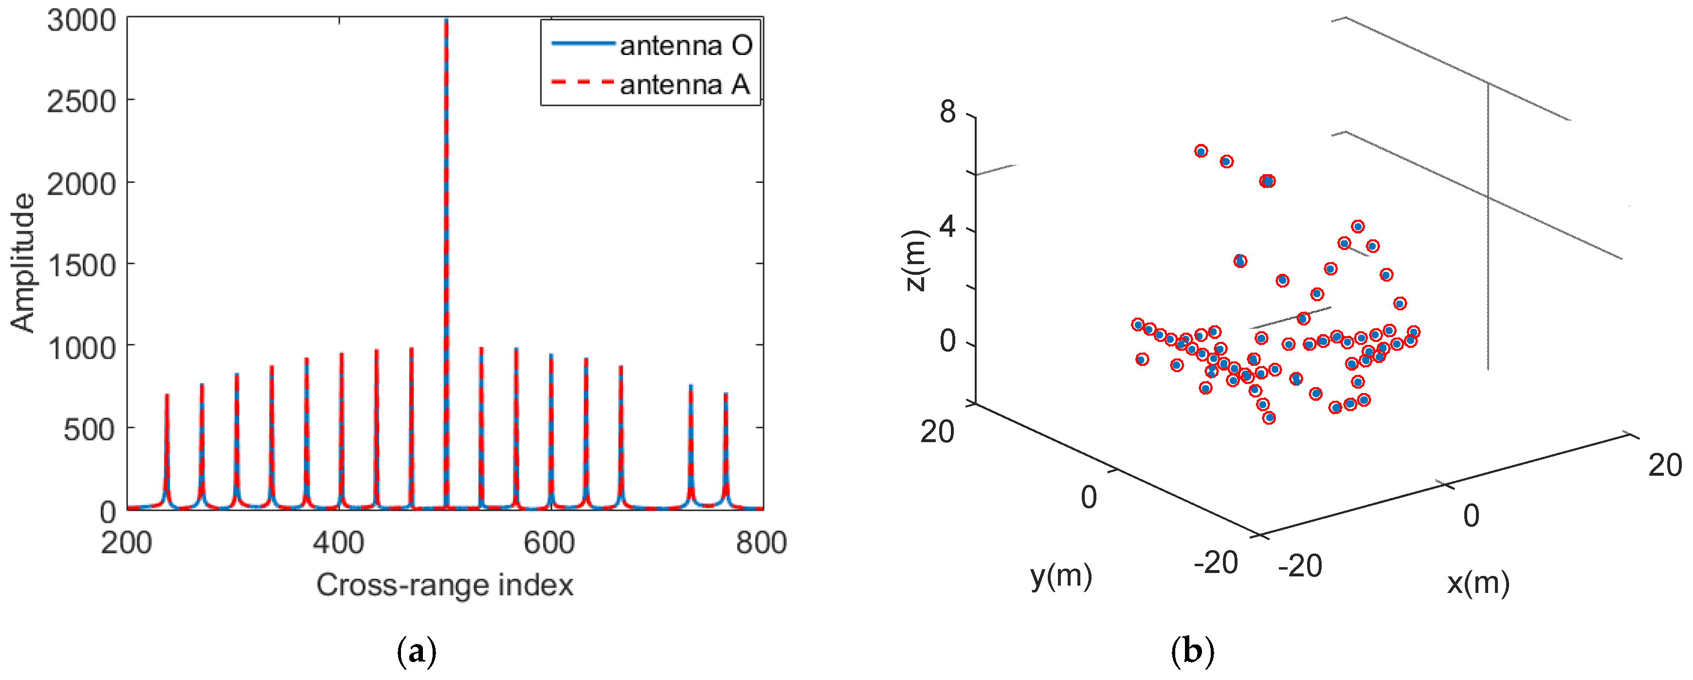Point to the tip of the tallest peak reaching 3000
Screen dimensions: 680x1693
(446, 20)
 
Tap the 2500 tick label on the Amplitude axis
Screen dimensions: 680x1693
(81, 101)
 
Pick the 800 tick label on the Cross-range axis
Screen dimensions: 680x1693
(761, 543)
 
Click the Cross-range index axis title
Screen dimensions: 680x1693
(444, 585)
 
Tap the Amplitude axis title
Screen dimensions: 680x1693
(22, 263)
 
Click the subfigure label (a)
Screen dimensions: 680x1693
(417, 652)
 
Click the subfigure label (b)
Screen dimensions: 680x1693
(1192, 652)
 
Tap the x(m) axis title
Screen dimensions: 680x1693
(1477, 583)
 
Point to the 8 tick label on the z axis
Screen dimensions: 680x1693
(947, 112)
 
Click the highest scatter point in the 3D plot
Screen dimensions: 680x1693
(1201, 151)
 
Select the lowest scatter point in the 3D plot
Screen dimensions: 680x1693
(1269, 418)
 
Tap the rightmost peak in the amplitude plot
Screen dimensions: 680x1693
(726, 394)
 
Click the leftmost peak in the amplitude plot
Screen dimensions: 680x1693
(167, 395)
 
